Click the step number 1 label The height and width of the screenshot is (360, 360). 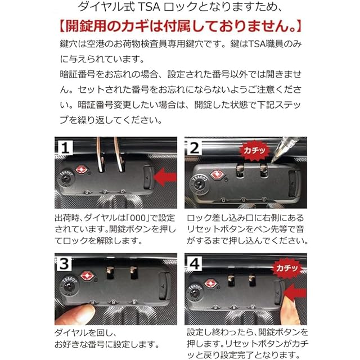[65, 147]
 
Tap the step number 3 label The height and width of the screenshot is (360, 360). [64, 264]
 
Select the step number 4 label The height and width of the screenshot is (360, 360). [195, 264]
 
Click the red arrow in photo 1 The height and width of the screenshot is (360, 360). [165, 177]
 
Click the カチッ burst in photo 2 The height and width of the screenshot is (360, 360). [254, 151]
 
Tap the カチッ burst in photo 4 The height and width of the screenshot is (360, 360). [287, 268]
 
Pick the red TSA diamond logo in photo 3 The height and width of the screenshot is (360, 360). [87, 276]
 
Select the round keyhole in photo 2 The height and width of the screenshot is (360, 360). [199, 184]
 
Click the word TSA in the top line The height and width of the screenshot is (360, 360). [150, 7]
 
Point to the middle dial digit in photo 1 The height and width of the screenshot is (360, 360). [105, 192]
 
